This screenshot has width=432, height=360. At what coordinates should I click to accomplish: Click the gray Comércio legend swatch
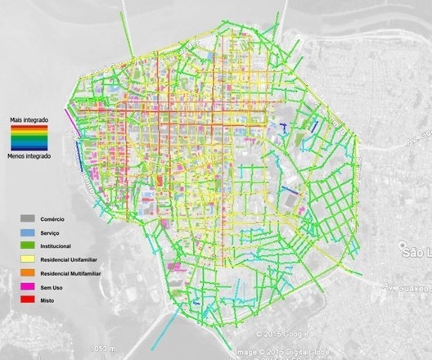pos(28,219)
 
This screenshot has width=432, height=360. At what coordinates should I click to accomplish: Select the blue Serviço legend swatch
pos(28,232)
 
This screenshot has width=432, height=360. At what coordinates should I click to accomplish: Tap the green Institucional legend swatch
pos(28,245)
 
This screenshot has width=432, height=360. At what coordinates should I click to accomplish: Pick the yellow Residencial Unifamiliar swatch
pos(28,259)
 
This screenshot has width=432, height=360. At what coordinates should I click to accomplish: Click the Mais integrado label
pos(29,119)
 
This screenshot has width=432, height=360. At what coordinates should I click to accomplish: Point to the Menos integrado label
pos(29,155)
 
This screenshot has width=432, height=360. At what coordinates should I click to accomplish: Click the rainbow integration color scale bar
pos(29,137)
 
